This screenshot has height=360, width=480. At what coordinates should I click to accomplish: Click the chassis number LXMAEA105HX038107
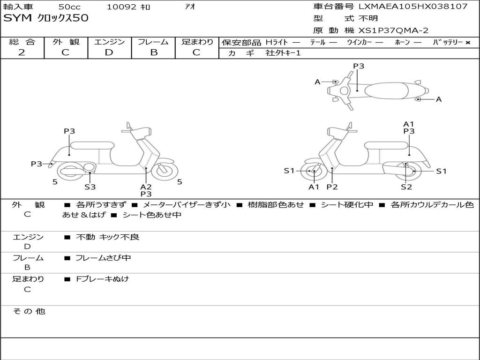coord(413,7)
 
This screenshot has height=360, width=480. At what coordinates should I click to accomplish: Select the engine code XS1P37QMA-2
coord(393,30)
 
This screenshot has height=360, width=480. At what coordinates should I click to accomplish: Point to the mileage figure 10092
coord(121,7)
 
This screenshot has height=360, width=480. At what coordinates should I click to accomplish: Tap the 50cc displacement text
coord(69,7)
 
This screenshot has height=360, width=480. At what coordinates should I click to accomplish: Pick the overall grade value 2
coord(22,52)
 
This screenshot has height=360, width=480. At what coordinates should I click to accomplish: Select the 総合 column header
coord(22,42)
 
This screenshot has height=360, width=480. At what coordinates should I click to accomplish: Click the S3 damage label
coord(90,187)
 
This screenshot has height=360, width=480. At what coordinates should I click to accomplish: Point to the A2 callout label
coord(146,187)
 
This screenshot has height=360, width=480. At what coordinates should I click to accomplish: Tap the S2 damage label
coord(406,187)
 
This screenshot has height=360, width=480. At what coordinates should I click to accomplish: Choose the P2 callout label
coord(332,187)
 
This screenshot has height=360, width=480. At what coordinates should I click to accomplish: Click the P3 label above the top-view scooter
coord(359,66)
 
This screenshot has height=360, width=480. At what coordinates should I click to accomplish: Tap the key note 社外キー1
coord(283,53)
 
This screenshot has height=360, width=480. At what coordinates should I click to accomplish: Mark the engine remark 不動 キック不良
coord(107,237)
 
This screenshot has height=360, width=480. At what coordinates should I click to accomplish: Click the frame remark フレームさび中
coord(103,258)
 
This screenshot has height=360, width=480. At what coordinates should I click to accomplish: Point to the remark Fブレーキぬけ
coord(102,279)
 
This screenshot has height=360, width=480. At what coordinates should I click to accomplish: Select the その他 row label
coord(29,311)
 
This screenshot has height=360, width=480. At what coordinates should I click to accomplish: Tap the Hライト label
coord(277,42)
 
